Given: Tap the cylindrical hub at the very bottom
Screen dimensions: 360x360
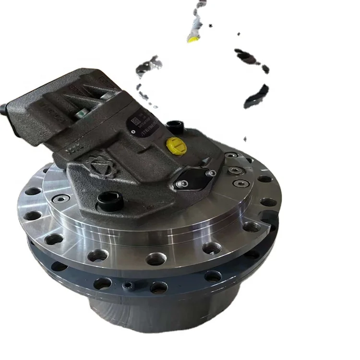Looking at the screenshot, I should (x=144, y=317).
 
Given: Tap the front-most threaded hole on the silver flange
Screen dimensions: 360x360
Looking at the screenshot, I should (x=154, y=259).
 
